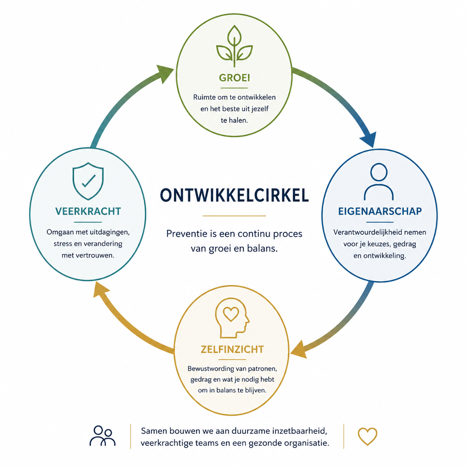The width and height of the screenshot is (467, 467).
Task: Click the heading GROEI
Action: click(x=234, y=78)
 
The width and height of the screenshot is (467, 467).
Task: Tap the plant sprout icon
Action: click(x=234, y=46)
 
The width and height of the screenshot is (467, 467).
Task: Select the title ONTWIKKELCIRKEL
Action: click(x=234, y=196)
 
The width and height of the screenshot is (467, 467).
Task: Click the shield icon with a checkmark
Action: click(x=88, y=181)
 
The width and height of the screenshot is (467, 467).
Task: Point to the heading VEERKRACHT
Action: click(x=88, y=211)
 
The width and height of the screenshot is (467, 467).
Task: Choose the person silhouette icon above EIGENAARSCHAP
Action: click(x=379, y=182)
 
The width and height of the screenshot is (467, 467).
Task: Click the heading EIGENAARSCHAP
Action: click(x=380, y=211)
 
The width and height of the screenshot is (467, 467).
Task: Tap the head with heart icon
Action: click(x=232, y=318)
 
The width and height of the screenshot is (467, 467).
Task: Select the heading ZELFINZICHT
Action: click(x=232, y=349)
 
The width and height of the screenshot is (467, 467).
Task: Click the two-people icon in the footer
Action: click(x=102, y=435)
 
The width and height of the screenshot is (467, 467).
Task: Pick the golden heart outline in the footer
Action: click(x=367, y=436)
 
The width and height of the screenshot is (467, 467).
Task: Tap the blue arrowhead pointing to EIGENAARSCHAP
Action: click(x=368, y=139)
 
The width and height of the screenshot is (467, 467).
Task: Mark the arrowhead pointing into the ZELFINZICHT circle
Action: click(x=298, y=349)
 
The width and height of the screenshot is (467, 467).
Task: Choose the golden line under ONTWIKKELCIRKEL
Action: click(x=234, y=215)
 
